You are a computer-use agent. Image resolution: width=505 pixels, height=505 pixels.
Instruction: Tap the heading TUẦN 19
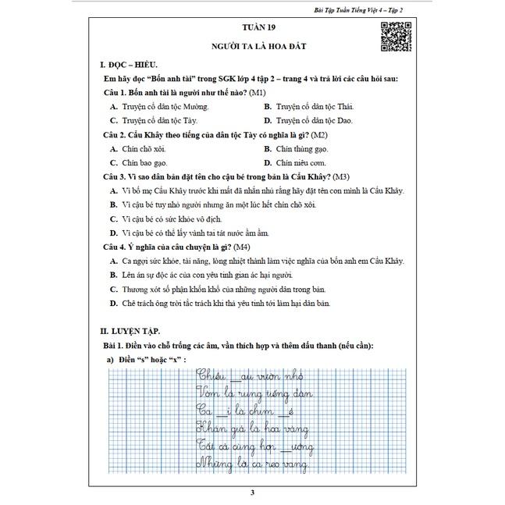coord(252,28)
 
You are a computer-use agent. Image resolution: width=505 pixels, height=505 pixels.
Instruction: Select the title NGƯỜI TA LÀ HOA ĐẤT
coord(252,47)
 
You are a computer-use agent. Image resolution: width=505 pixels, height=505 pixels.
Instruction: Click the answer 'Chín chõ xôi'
coord(140,149)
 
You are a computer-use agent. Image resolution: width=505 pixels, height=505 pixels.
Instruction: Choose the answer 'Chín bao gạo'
coord(140,163)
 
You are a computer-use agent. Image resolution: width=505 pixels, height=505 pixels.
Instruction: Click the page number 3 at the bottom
coord(252,492)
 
